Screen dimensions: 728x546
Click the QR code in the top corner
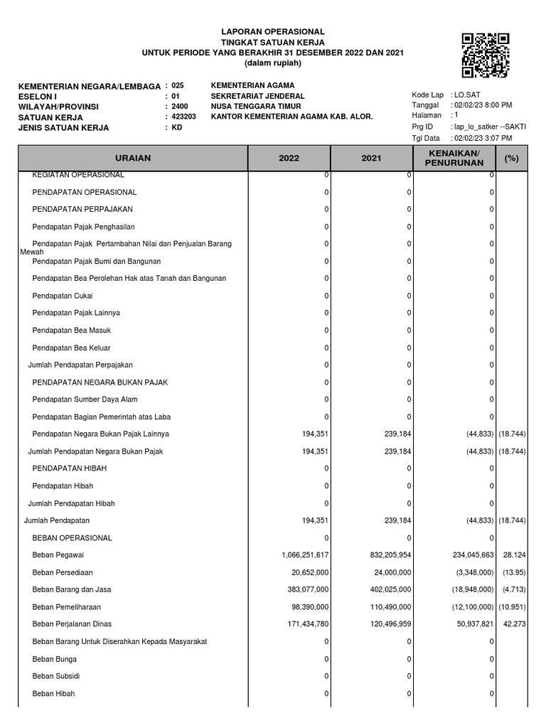486,55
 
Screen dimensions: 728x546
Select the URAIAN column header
132,159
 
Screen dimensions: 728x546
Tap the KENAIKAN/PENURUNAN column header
454,159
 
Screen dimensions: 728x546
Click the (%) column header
511,159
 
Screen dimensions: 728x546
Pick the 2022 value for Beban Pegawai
305,555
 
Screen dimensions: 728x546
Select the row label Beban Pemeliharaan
67,607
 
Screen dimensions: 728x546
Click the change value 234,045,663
467,555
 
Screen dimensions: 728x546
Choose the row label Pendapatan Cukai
63,296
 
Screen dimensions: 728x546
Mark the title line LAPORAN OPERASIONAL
273,32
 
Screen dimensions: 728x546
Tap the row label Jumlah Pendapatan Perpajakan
80,365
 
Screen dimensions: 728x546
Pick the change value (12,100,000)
467,607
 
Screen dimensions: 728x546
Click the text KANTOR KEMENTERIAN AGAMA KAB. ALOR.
291,117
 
